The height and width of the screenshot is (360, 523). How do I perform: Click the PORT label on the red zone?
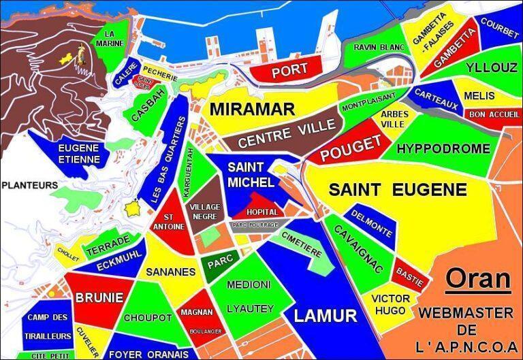click(289, 69)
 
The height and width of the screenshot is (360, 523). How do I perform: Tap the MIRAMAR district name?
click(252, 109)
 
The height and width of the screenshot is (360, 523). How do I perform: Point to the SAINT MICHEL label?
click(251, 174)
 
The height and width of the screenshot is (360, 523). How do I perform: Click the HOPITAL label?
click(261, 212)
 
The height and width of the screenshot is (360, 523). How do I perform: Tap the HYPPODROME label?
click(443, 148)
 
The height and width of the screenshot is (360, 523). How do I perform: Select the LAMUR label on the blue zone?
click(325, 316)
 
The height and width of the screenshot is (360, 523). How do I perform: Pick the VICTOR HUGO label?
click(392, 304)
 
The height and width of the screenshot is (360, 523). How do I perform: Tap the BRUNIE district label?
click(99, 297)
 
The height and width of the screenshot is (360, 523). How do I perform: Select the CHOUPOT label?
click(148, 318)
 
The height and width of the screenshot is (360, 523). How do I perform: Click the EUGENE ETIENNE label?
click(79, 153)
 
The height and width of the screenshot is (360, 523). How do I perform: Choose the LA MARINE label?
click(114, 38)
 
